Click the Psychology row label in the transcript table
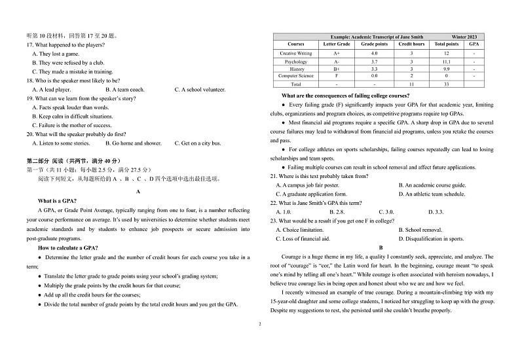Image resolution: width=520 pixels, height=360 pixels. pyautogui.click(x=295, y=61)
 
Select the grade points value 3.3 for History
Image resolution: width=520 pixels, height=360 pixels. pyautogui.click(x=374, y=69)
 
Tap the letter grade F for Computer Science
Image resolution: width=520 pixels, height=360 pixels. pyautogui.click(x=336, y=76)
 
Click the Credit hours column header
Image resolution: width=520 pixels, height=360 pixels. pyautogui.click(x=411, y=44)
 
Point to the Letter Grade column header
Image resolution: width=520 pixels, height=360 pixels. pyautogui.click(x=336, y=44)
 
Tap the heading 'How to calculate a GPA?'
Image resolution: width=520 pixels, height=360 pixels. pyautogui.click(x=68, y=248)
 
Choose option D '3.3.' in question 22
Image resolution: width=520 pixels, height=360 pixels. pyautogui.click(x=436, y=212)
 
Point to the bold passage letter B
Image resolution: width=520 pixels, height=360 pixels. pyautogui.click(x=381, y=247)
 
